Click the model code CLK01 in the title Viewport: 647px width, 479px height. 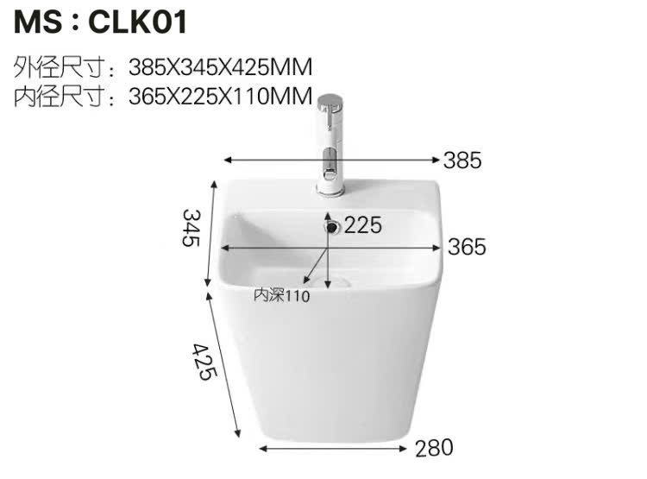point(138,22)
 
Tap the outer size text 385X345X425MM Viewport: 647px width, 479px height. point(220,67)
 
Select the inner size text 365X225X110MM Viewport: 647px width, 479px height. point(220,97)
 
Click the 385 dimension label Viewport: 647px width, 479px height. point(462,161)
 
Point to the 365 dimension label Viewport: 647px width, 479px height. point(467,247)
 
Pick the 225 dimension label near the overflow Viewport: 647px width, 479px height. point(363,225)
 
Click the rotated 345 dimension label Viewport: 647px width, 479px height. point(192,228)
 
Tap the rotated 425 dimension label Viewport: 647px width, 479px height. point(204,362)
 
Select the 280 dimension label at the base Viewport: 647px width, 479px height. point(434,448)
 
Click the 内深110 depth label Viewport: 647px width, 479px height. point(281,295)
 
